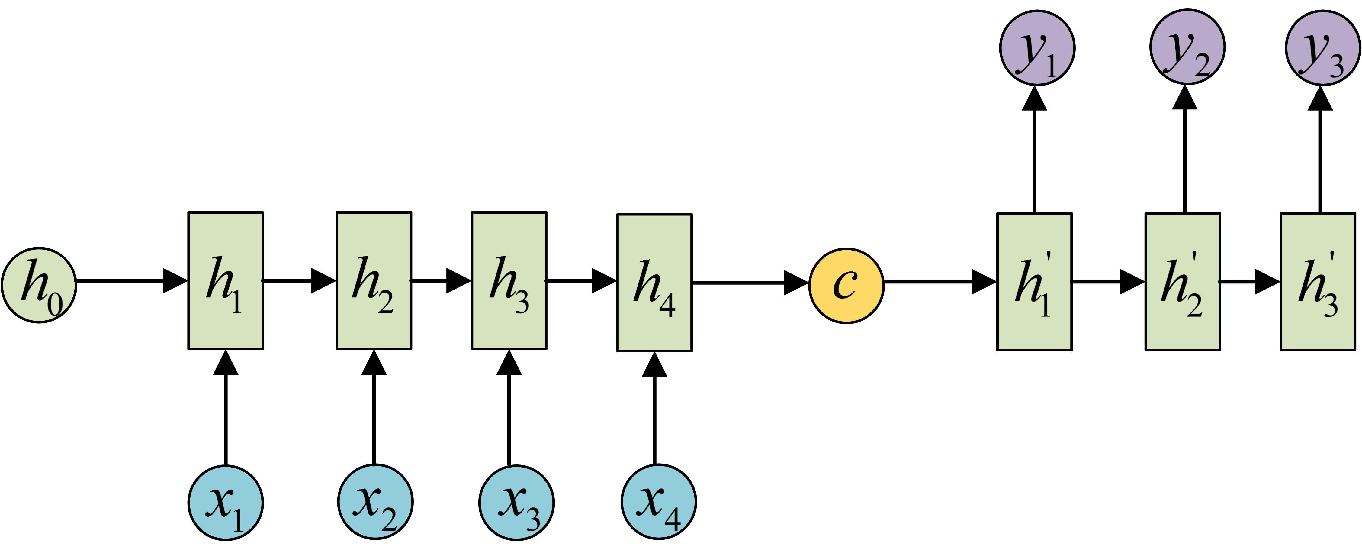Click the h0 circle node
(39, 285)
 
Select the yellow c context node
(846, 286)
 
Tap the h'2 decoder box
(1183, 281)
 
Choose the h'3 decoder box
(1318, 281)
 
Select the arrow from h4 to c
(751, 283)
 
